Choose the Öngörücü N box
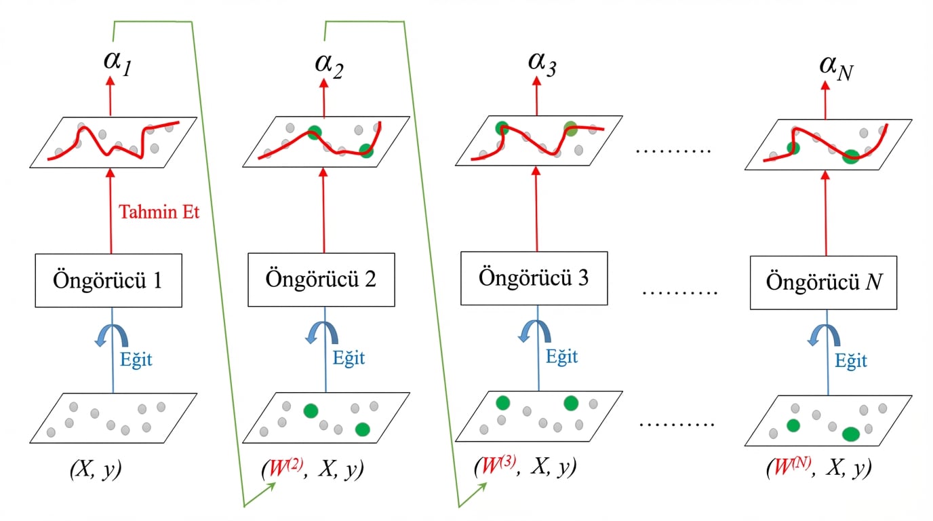(x=823, y=283)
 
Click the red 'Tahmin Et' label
(x=159, y=212)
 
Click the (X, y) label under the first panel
(x=96, y=469)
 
